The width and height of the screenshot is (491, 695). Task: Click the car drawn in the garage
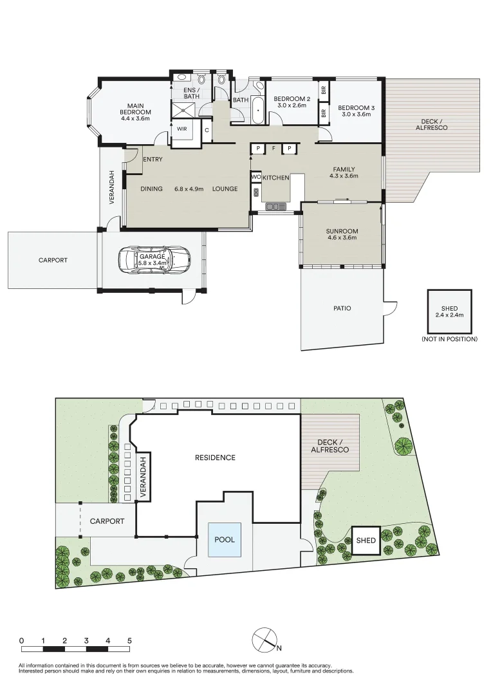click(154, 260)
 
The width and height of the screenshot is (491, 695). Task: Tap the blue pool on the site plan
click(225, 540)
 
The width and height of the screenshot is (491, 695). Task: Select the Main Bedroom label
click(135, 112)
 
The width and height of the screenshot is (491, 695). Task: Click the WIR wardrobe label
click(181, 129)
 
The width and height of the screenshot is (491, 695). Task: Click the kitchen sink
click(276, 206)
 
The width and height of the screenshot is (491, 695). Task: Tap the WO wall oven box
click(255, 178)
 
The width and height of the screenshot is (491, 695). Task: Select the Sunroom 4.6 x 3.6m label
click(342, 234)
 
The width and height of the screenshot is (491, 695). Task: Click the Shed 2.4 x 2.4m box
click(449, 311)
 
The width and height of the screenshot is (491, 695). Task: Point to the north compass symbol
click(265, 640)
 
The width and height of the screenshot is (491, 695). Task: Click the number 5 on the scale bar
click(129, 640)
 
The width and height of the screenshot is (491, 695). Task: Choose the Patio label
click(342, 308)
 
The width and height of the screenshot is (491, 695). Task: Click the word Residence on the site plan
click(215, 458)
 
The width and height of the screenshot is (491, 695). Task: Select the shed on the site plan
click(366, 541)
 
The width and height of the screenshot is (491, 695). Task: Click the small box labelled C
click(207, 130)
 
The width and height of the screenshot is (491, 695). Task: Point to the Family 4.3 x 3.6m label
click(344, 172)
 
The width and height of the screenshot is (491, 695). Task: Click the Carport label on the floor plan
click(53, 260)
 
